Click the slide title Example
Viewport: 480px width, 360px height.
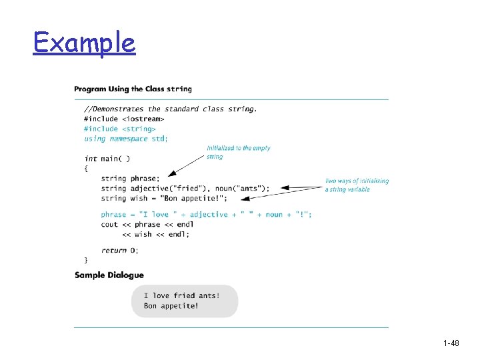(x=84, y=43)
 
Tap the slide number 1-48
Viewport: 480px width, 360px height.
(x=451, y=343)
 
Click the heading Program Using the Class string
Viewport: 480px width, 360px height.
(x=133, y=89)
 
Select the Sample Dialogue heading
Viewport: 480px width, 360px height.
(x=109, y=275)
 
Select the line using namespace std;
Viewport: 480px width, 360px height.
(x=126, y=139)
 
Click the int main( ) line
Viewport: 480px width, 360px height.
(x=107, y=159)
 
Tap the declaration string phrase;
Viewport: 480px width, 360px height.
(x=131, y=179)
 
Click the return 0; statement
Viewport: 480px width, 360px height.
(x=120, y=250)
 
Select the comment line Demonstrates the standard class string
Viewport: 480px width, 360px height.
(x=170, y=109)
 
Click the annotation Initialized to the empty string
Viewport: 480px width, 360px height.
(x=238, y=152)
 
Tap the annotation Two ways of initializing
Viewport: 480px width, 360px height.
(x=357, y=181)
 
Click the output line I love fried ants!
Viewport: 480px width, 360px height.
(x=181, y=295)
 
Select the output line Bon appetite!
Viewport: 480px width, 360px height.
(x=171, y=306)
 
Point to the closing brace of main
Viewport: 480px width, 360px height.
(x=85, y=259)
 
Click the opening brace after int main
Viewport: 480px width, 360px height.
(x=85, y=169)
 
